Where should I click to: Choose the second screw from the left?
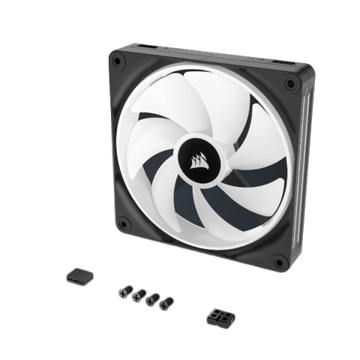[x=136, y=295]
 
